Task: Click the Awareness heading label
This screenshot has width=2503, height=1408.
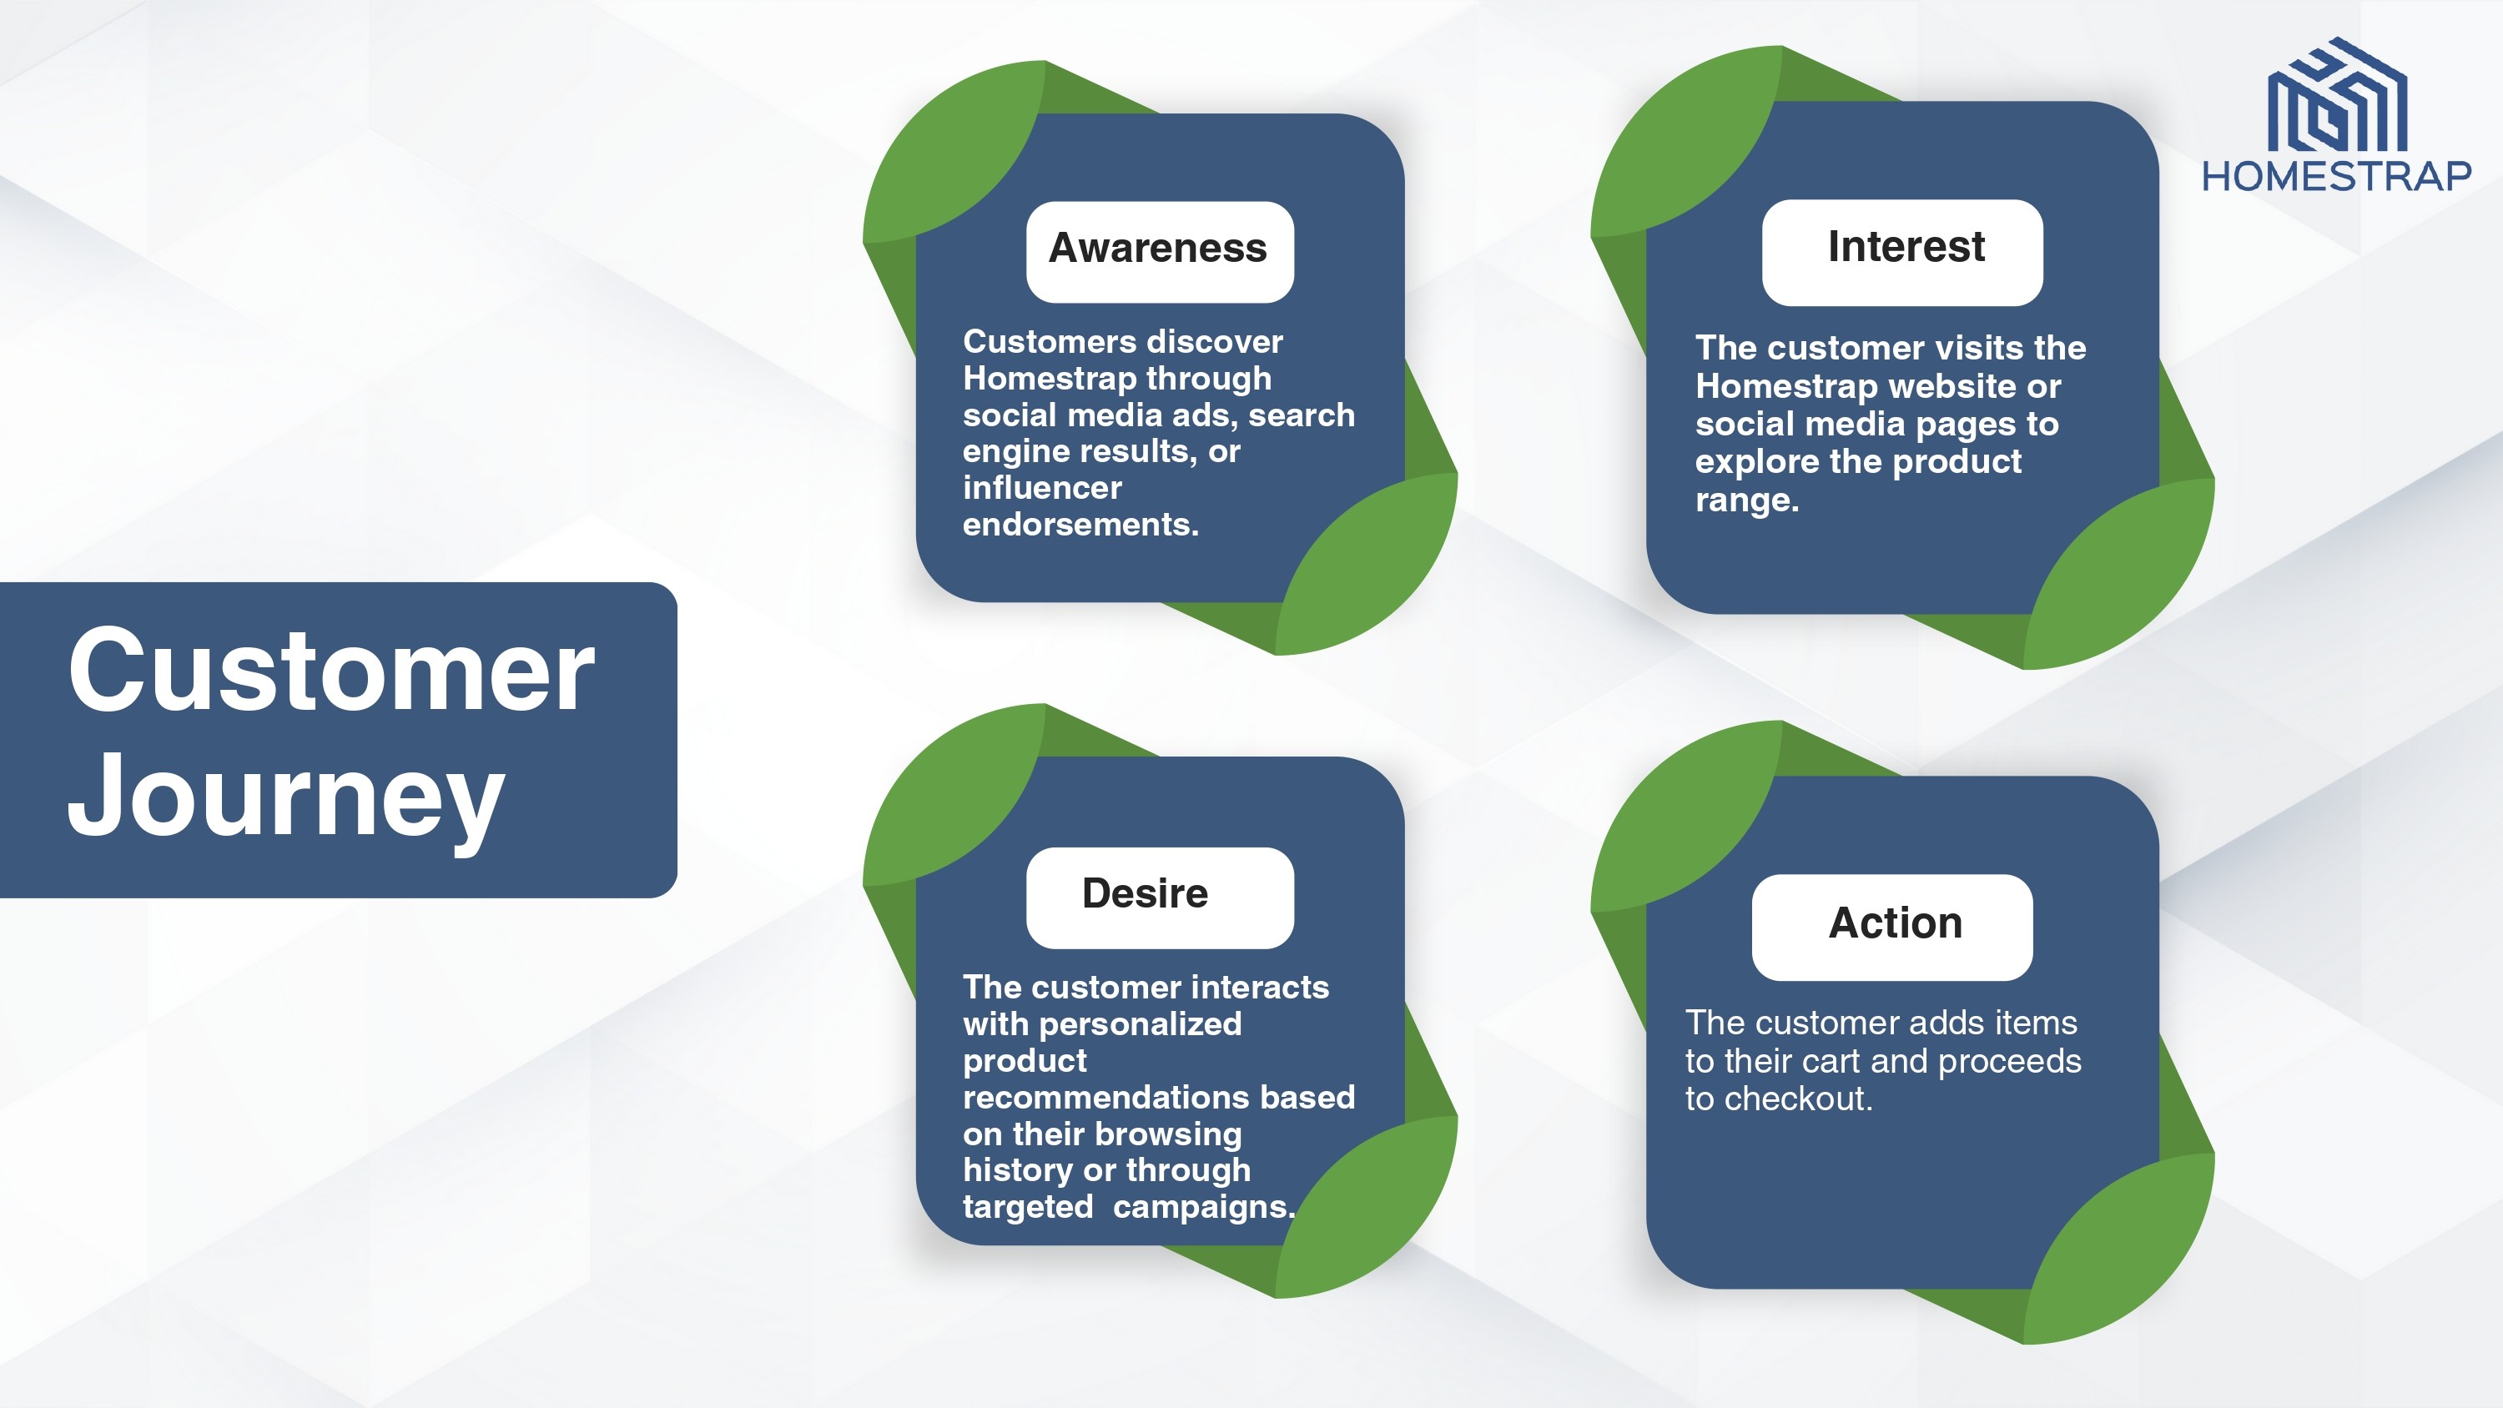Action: point(1158,249)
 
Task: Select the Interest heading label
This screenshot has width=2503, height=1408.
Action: point(1906,247)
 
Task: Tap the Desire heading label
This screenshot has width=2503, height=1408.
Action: point(1145,893)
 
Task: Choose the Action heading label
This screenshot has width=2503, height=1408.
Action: point(1896,923)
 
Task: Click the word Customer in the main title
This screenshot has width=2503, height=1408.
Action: point(331,670)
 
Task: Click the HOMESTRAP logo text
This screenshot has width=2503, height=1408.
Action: point(2336,177)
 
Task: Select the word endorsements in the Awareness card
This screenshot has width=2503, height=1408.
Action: point(1080,525)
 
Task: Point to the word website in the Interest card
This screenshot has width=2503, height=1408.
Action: point(1948,387)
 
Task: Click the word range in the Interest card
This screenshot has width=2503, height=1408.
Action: point(1747,500)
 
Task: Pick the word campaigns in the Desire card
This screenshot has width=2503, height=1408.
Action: point(1204,1208)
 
